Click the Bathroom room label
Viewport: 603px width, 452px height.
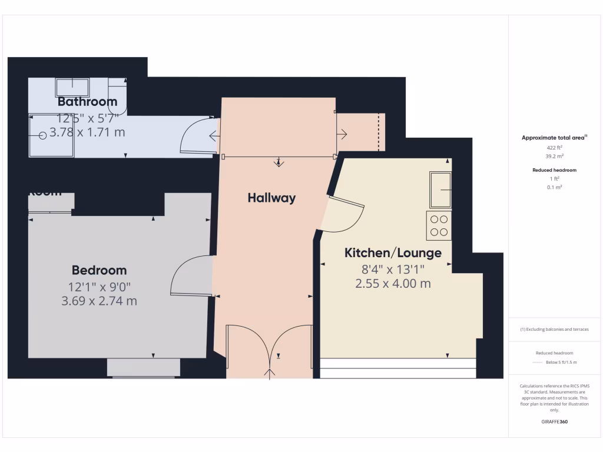pos(87,102)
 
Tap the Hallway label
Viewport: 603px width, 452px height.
pos(271,198)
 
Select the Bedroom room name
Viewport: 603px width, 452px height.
pos(99,270)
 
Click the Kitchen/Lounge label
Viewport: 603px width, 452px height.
pos(393,253)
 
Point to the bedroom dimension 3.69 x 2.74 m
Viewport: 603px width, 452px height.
pos(99,301)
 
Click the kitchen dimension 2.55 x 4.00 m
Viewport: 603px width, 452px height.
pos(393,284)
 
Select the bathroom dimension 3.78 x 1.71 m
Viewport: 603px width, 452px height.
pos(87,132)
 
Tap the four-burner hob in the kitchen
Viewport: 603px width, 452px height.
pos(439,225)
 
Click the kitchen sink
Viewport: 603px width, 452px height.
pos(440,190)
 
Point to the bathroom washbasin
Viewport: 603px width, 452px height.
pos(72,88)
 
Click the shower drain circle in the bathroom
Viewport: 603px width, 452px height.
pos(42,135)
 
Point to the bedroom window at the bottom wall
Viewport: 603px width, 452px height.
pos(144,367)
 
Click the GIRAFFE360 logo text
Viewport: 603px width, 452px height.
pos(554,422)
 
